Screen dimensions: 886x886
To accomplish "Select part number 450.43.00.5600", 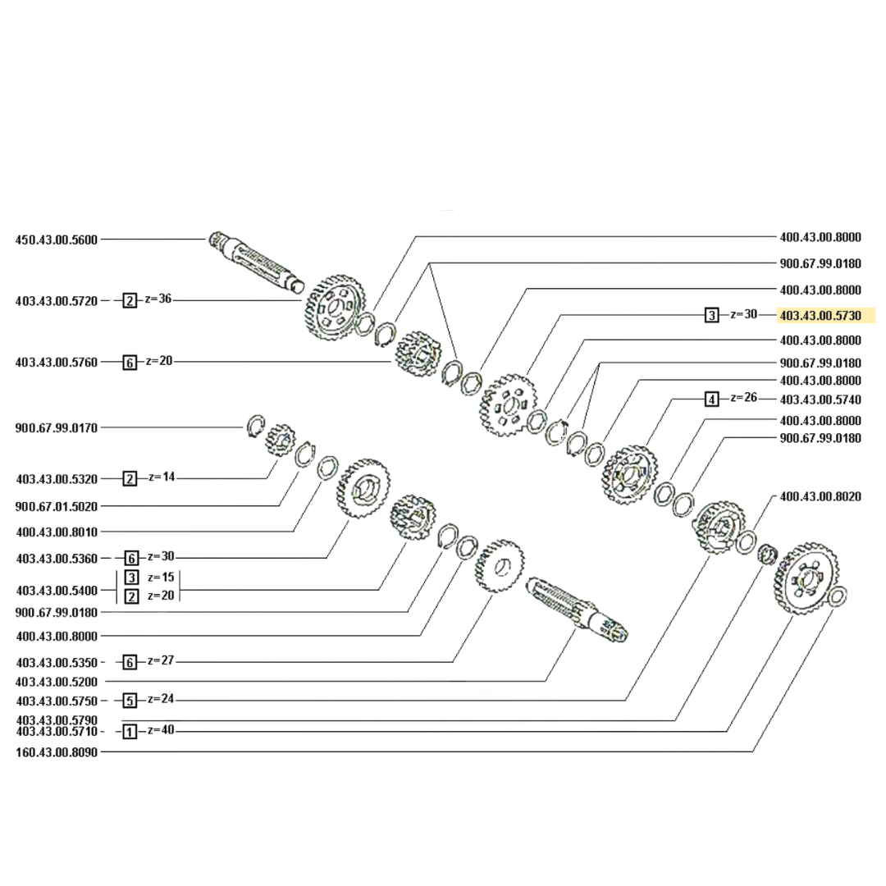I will pyautogui.click(x=57, y=240).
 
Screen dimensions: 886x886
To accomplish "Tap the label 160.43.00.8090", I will pyautogui.click(x=57, y=751).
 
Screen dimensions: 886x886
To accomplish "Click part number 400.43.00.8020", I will pyautogui.click(x=820, y=496).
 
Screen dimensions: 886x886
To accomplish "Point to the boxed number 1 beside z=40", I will pyautogui.click(x=130, y=731).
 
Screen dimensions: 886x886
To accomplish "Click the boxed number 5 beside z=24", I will pyautogui.click(x=130, y=701).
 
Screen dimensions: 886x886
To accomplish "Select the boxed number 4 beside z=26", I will pyautogui.click(x=712, y=400).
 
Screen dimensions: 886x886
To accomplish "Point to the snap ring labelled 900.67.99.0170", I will pyautogui.click(x=258, y=425).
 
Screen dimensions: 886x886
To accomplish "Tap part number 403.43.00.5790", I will pyautogui.click(x=57, y=719).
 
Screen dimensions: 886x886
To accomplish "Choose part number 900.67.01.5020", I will pyautogui.click(x=57, y=506).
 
